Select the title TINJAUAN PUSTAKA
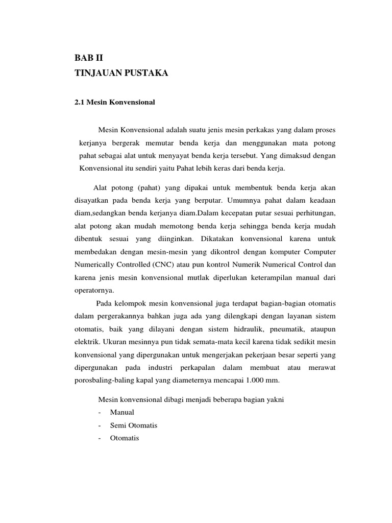pos(121,74)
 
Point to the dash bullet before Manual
pos(99,412)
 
